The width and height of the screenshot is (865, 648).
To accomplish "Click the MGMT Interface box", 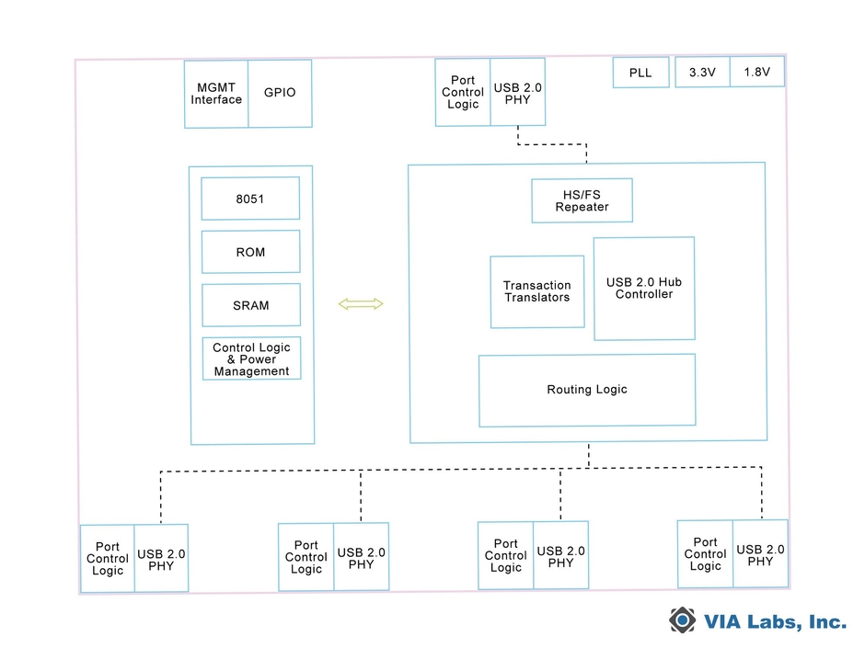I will (x=216, y=94).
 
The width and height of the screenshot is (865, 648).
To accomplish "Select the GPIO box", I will (x=280, y=94).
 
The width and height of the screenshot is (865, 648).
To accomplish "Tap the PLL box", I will (x=640, y=73).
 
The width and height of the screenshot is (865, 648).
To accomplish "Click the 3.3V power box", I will (x=702, y=72).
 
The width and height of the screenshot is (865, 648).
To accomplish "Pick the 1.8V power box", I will (x=756, y=72).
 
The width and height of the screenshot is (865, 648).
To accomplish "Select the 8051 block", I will (x=250, y=199).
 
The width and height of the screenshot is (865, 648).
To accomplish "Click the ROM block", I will (x=250, y=252).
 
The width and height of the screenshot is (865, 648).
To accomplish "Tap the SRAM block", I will (x=250, y=305).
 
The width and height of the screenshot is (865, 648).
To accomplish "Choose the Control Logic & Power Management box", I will (x=251, y=359).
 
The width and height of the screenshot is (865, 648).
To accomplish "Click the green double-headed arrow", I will (x=360, y=304).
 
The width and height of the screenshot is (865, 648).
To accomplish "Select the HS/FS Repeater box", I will (x=582, y=200).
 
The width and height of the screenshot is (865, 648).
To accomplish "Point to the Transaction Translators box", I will (x=536, y=291).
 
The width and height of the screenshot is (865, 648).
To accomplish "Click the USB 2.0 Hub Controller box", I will (x=644, y=289).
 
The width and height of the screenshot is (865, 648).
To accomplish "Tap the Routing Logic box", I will (x=587, y=390).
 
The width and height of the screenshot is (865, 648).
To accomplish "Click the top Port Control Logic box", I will (x=463, y=93).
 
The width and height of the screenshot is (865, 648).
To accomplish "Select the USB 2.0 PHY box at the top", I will (x=518, y=93).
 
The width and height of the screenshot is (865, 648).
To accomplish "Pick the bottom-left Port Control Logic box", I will (x=108, y=559).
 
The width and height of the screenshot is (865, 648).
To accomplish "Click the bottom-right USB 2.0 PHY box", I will (x=760, y=555).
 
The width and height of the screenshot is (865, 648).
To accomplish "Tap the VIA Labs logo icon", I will (x=682, y=621).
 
